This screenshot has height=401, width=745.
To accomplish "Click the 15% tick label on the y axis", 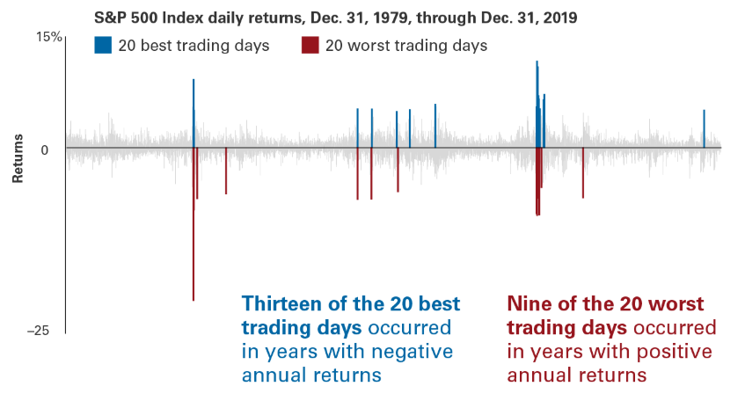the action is [49, 37].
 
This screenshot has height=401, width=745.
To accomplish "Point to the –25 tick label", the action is [38, 330].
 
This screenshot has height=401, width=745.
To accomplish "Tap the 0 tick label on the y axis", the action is [45, 150].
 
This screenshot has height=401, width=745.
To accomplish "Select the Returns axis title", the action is [18, 158].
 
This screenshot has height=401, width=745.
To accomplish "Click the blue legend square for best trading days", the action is [103, 45].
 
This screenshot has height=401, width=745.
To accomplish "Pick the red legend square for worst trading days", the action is [310, 45].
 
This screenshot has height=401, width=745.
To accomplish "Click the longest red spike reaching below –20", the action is [194, 224].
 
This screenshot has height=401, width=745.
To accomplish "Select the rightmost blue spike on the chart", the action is [705, 128].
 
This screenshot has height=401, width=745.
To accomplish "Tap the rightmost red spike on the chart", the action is [583, 173].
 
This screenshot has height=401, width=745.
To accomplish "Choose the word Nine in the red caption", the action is [529, 303].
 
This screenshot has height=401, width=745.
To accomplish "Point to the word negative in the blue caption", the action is [412, 352].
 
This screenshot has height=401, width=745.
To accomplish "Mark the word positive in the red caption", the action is [675, 352].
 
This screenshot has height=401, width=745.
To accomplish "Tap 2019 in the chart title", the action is [561, 18].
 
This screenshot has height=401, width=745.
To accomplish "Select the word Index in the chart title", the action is [179, 18].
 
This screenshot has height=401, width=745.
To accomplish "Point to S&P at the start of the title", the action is [110, 18].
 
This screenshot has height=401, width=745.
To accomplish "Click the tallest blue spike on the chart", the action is [537, 105].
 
